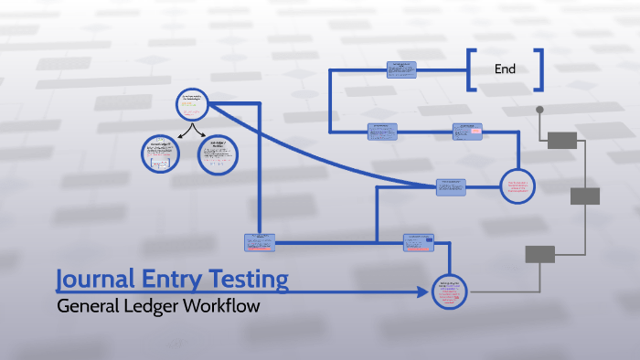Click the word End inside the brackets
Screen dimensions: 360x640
click(505, 69)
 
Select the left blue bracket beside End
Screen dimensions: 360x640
click(470, 69)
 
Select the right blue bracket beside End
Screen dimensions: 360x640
click(540, 69)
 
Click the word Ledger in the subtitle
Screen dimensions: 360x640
click(156, 306)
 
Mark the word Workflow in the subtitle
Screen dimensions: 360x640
click(224, 306)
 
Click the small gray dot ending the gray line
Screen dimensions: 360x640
click(539, 110)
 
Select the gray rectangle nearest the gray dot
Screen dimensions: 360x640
click(562, 140)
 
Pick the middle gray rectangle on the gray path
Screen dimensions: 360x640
click(585, 196)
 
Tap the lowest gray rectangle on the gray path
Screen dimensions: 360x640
click(539, 254)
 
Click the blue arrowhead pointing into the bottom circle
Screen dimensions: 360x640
click(423, 292)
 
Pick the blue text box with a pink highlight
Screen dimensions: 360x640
click(466, 131)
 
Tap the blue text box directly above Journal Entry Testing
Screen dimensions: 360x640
click(260, 242)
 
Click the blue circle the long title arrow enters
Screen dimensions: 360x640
click(448, 291)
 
